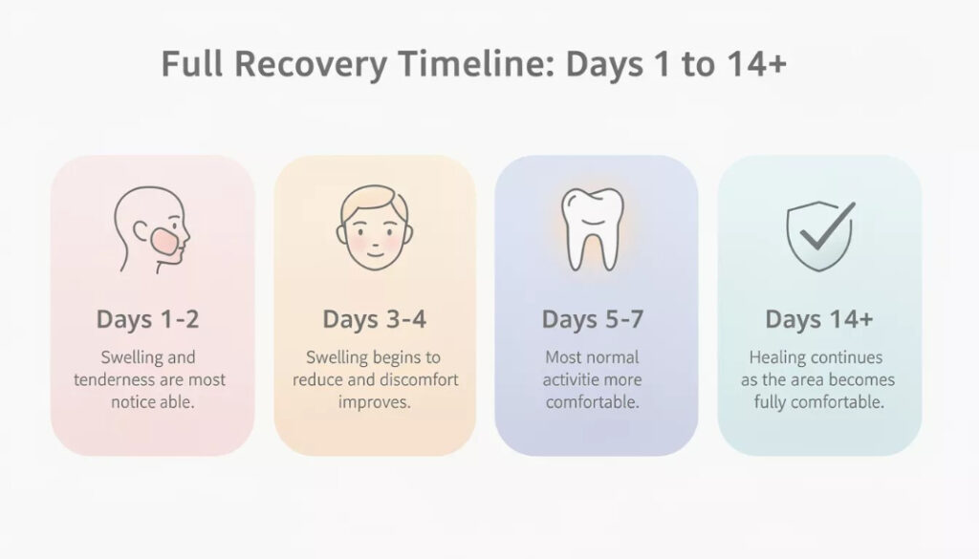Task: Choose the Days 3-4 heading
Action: [x=373, y=319]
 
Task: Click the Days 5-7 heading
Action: [x=593, y=319]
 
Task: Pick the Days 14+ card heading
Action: [x=818, y=319]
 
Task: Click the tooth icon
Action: [x=592, y=228]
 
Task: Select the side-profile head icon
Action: [x=151, y=229]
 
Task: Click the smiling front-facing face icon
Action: [x=372, y=229]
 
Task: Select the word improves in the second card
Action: [x=374, y=401]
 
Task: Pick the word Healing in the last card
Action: [x=777, y=357]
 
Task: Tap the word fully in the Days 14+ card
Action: [x=772, y=401]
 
